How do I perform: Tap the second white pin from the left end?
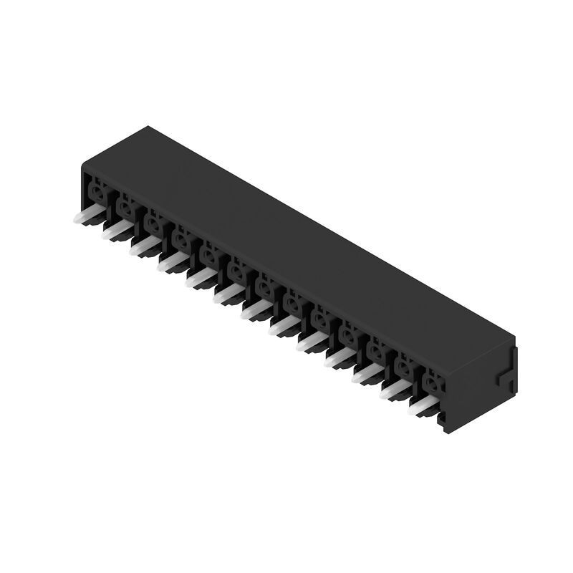pos(114,231)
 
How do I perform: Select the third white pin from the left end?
pos(142,246)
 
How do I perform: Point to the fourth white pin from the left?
pos(170,262)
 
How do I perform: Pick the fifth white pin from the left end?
pos(198,278)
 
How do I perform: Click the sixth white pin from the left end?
pos(226,294)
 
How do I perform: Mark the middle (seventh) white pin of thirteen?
pos(254,309)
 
